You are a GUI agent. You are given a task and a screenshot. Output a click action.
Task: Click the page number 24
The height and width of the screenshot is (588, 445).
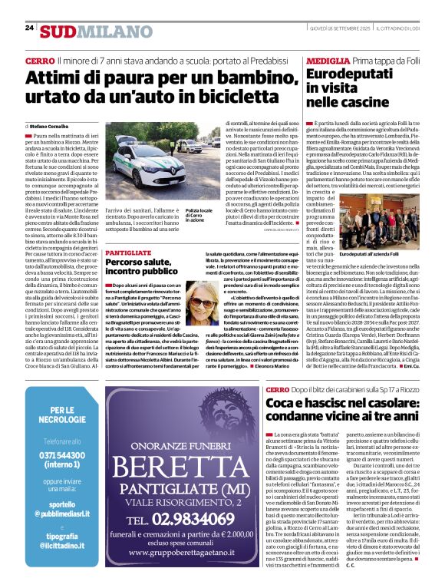(30, 28)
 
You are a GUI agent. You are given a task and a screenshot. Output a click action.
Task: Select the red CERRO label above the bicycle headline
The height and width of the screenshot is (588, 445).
(39, 61)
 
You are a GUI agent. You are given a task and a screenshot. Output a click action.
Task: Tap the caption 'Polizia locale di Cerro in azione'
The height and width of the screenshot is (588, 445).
(197, 217)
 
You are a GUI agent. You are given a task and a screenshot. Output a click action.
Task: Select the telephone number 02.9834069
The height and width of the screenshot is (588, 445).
(202, 520)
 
